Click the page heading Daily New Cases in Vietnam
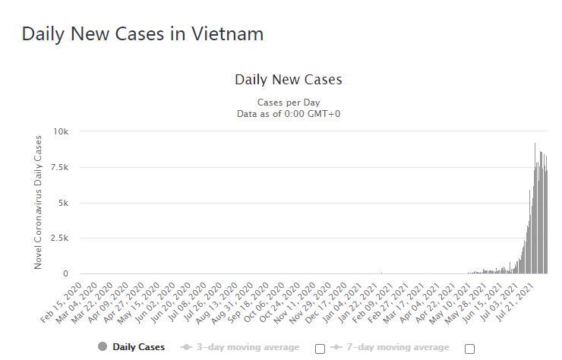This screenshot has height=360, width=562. tap(143, 34)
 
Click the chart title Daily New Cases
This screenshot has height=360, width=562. tap(288, 80)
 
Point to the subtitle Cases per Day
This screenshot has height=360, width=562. tap(288, 102)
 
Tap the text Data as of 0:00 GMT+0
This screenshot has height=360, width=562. tap(288, 113)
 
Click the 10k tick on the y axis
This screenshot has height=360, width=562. tap(60, 131)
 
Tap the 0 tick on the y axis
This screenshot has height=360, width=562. tap(65, 273)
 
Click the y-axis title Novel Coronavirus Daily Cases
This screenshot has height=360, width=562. tap(38, 202)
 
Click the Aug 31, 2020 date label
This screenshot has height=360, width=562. tap(232, 299)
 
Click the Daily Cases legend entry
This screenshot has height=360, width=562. tap(138, 347)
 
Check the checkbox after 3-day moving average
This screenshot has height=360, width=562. tap(320, 349)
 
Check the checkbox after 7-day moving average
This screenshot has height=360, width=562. tap(469, 349)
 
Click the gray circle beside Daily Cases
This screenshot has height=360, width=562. tap(103, 347)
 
